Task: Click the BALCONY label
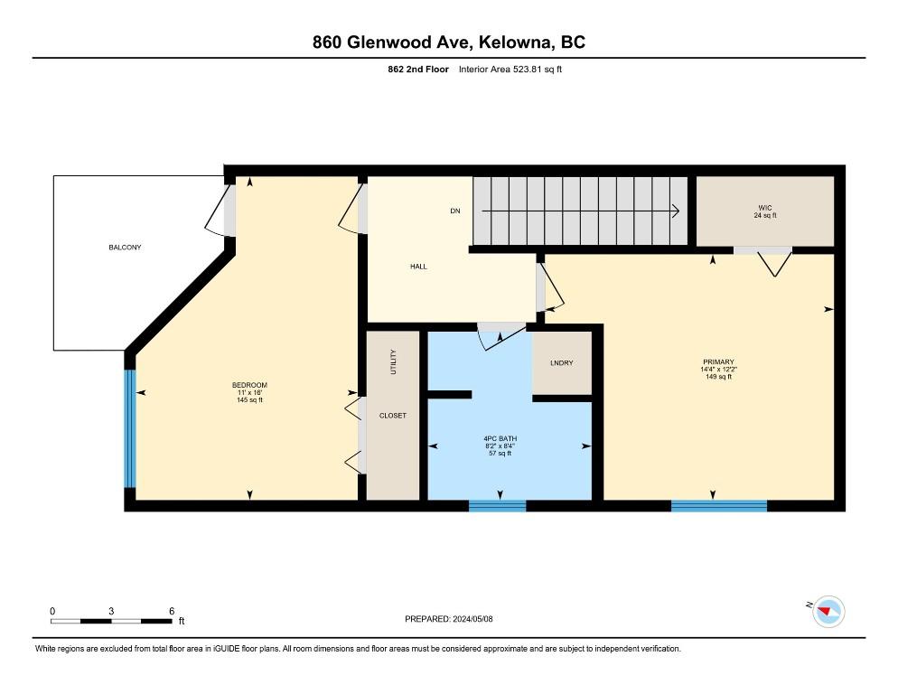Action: pos(126,247)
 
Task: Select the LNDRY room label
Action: pos(561,363)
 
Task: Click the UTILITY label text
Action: pos(393,362)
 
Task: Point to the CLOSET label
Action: pos(393,416)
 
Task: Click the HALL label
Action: pos(418,267)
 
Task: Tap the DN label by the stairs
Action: pos(455,211)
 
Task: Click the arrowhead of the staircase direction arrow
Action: pos(675,211)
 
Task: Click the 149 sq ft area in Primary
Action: pos(718,377)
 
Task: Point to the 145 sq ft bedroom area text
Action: pos(249,400)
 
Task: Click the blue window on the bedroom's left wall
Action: pos(130,429)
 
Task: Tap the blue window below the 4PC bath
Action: pos(497,505)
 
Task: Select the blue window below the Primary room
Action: pos(718,505)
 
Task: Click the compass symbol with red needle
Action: pos(828,612)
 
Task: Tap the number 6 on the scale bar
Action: pos(171,611)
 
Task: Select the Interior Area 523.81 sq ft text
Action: pos(510,69)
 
